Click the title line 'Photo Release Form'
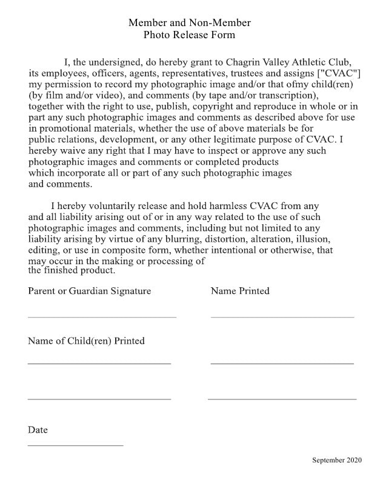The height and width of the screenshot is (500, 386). pyautogui.click(x=189, y=35)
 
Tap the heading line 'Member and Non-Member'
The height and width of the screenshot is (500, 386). pyautogui.click(x=189, y=23)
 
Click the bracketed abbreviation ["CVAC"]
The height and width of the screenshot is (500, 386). pyautogui.click(x=334, y=73)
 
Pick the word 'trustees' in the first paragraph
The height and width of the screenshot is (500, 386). pyautogui.click(x=246, y=73)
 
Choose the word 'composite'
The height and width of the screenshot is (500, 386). pyautogui.click(x=131, y=250)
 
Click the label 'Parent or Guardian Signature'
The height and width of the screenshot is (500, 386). pyautogui.click(x=89, y=291)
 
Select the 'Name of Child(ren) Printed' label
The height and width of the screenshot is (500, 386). pyautogui.click(x=86, y=341)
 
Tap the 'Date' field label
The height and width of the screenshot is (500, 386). pyautogui.click(x=38, y=430)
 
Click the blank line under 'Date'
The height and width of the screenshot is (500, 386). pyautogui.click(x=75, y=445)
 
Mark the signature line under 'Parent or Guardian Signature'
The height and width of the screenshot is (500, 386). pyautogui.click(x=102, y=317)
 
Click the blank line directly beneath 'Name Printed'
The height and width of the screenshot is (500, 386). pyautogui.click(x=282, y=317)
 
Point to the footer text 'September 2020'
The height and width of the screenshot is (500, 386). pyautogui.click(x=337, y=461)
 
